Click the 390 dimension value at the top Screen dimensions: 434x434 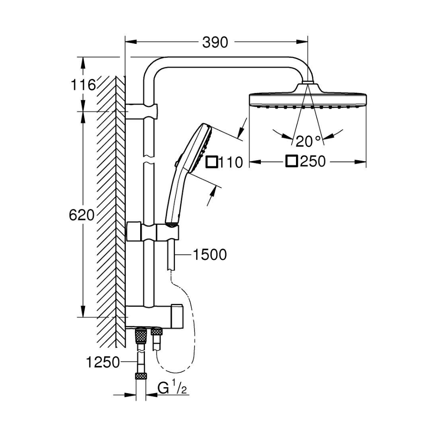point(215,42)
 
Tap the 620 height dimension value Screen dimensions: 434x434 point(82,215)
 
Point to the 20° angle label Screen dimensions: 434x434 point(308,140)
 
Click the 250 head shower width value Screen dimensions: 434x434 point(312,162)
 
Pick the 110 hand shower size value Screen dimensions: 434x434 point(230,163)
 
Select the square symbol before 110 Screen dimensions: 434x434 point(211,162)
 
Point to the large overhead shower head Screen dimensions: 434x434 point(307,98)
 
